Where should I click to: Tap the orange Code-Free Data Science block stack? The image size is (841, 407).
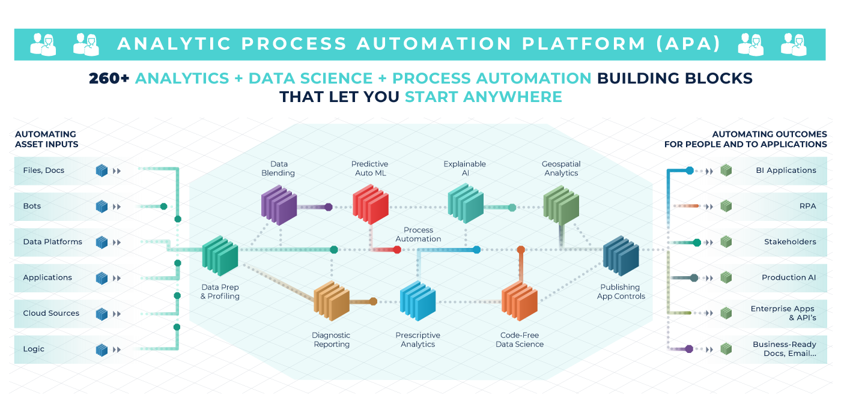click(x=520, y=300)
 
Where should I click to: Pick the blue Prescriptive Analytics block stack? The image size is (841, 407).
click(x=418, y=300)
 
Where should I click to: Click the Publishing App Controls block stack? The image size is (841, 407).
click(x=621, y=255)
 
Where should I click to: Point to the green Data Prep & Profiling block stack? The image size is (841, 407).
click(x=220, y=256)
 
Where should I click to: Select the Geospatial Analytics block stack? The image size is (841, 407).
click(x=561, y=204)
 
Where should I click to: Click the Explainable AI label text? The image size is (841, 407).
click(x=464, y=169)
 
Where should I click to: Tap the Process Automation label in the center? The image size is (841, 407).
click(x=418, y=235)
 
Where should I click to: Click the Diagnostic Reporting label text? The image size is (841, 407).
click(x=331, y=340)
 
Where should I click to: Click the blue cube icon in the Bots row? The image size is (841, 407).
click(x=102, y=207)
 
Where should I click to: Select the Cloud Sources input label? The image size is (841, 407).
click(x=51, y=313)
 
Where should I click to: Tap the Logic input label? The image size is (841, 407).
click(x=34, y=349)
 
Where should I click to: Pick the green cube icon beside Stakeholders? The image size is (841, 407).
click(x=726, y=242)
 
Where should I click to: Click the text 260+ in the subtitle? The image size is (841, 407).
click(x=109, y=79)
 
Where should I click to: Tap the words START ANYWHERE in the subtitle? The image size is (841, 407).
click(x=483, y=97)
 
